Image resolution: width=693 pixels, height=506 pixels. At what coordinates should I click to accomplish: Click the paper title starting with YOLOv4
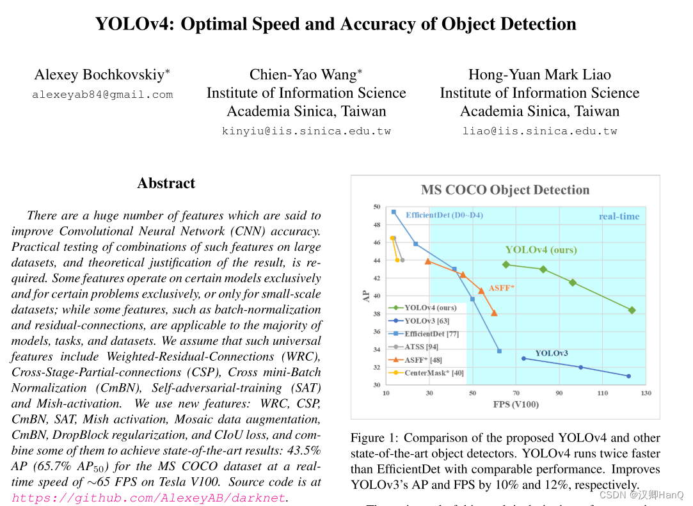coord(335,24)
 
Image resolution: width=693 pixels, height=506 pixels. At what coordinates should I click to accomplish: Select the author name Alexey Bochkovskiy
coord(102,75)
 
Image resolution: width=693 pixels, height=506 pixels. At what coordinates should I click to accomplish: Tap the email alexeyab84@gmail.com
coord(102,95)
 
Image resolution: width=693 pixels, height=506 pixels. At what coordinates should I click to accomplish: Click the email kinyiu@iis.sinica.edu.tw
coord(306,130)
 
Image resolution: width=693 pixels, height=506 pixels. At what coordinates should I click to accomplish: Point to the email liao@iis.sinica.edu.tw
coord(539,130)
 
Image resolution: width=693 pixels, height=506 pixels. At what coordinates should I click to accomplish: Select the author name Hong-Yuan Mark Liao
coord(539,75)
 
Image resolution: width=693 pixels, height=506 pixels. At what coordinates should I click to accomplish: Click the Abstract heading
coord(166,184)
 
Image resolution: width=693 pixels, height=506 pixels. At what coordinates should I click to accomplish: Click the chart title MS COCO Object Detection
coord(505,190)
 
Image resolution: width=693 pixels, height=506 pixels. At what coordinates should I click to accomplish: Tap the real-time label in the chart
coord(619,216)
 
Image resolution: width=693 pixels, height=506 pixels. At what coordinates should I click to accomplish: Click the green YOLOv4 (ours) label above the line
coord(541,249)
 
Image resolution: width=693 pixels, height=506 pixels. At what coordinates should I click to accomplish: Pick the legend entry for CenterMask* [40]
coord(434,372)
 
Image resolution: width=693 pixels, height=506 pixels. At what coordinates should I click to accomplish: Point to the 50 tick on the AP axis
coord(376,207)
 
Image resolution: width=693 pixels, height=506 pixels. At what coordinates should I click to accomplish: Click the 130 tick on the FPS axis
coord(646,393)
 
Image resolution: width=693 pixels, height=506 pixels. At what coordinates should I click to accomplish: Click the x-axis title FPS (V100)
coord(516,404)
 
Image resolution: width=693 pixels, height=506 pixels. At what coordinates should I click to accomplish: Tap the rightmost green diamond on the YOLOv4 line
coord(632,310)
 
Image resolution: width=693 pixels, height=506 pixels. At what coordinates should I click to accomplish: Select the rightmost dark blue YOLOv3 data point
coord(628,376)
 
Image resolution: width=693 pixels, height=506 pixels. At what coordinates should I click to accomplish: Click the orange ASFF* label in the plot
coord(501,288)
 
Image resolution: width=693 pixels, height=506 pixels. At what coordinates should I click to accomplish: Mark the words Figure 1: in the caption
coord(374,438)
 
